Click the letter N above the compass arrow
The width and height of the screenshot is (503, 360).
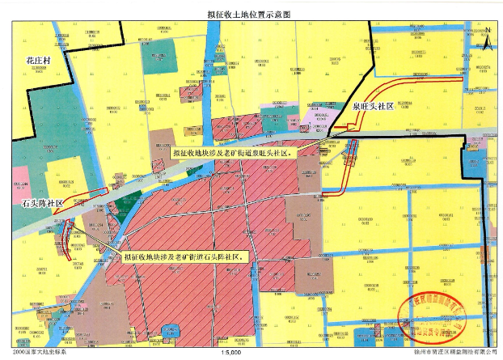click(x=489, y=27)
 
